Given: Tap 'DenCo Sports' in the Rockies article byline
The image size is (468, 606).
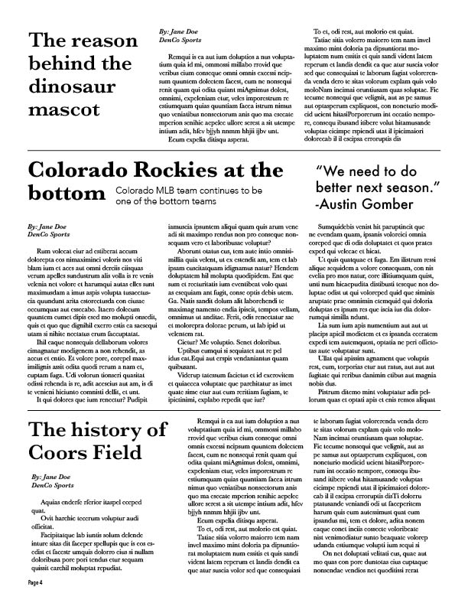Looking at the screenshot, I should tap(47, 235).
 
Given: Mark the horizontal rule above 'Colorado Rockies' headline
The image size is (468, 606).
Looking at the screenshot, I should tap(234, 152).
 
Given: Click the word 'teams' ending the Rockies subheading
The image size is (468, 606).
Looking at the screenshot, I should tap(200, 200).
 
